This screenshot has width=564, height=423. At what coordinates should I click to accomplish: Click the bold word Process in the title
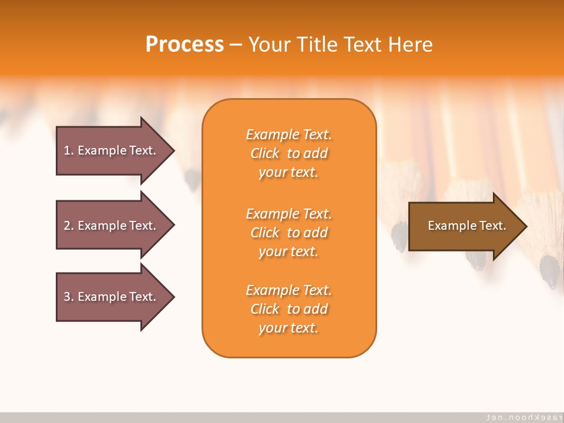[184, 44]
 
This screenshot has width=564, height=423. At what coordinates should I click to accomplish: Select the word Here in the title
[410, 44]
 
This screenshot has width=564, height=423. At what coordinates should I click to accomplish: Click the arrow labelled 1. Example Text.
[116, 151]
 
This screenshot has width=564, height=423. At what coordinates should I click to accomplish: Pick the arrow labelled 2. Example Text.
[116, 225]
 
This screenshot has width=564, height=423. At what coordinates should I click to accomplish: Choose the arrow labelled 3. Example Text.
[116, 297]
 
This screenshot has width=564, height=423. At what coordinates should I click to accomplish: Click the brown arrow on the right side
[468, 226]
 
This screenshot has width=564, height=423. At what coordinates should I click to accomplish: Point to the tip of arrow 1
[174, 151]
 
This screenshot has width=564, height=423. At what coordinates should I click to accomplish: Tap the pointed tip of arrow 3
[174, 297]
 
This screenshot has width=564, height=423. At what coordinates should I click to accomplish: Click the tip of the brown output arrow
[527, 226]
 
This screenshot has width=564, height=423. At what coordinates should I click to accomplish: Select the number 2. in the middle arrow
[69, 226]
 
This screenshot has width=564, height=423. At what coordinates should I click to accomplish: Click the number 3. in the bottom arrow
[69, 297]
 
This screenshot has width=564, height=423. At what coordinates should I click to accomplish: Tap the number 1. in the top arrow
[69, 150]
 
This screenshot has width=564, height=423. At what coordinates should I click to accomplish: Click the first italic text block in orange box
[289, 153]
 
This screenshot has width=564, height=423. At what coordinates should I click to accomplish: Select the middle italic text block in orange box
[289, 233]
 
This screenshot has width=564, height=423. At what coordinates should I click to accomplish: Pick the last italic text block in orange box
[289, 309]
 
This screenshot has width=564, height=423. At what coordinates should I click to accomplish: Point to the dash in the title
[236, 46]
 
